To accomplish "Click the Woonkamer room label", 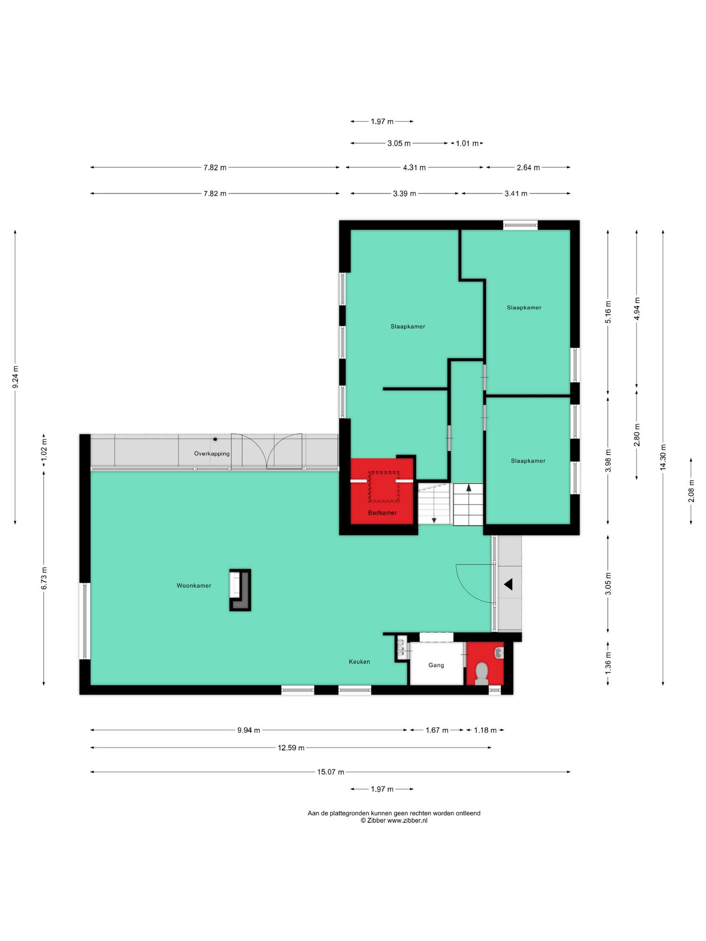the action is pyautogui.click(x=194, y=586).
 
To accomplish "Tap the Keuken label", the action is pyautogui.click(x=359, y=662).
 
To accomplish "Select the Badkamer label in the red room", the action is pyautogui.click(x=382, y=513).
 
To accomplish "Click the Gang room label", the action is pyautogui.click(x=436, y=665).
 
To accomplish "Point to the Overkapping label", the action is pyautogui.click(x=212, y=453).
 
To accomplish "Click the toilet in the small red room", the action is pyautogui.click(x=481, y=673).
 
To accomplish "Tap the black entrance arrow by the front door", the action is pyautogui.click(x=508, y=584).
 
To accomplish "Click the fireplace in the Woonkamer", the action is pyautogui.click(x=240, y=590).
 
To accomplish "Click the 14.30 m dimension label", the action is pyautogui.click(x=663, y=457).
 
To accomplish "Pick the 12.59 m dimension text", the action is pyautogui.click(x=291, y=747).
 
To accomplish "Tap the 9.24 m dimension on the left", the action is pyautogui.click(x=15, y=377).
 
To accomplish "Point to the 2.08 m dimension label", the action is pyautogui.click(x=691, y=491).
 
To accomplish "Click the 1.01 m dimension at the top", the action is pyautogui.click(x=467, y=144).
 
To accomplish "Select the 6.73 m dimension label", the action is pyautogui.click(x=44, y=578).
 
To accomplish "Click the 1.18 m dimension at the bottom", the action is pyautogui.click(x=485, y=730).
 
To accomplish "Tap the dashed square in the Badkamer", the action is pyautogui.click(x=384, y=487).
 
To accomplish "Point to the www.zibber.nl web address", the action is pyautogui.click(x=407, y=820).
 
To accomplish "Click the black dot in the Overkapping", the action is pyautogui.click(x=215, y=439).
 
